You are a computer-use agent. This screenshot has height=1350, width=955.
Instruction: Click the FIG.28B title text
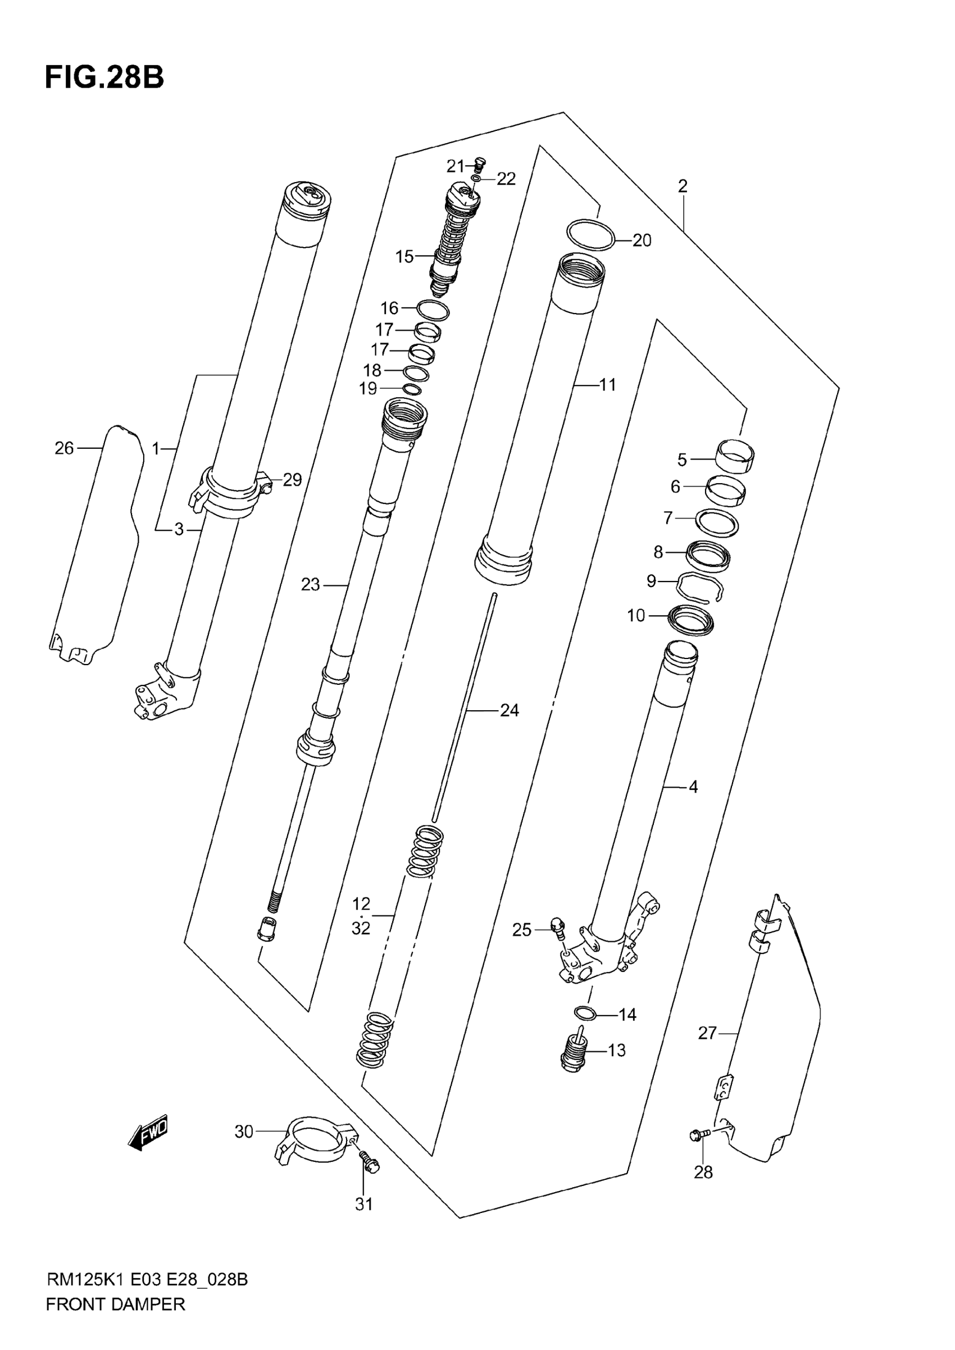[x=104, y=77]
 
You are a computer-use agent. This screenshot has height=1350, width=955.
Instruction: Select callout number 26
[x=64, y=449]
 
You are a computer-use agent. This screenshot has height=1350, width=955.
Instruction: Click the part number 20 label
[x=642, y=240]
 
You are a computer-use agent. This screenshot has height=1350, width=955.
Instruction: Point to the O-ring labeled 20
[x=590, y=235]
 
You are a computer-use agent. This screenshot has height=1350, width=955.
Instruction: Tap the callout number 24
[x=510, y=711]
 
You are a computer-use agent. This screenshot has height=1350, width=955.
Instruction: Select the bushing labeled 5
[x=735, y=456]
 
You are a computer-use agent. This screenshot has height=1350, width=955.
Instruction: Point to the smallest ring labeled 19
[x=412, y=389]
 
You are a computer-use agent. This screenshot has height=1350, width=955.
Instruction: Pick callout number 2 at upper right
[x=682, y=187]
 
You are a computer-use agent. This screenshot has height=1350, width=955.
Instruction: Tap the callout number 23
[x=311, y=584]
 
